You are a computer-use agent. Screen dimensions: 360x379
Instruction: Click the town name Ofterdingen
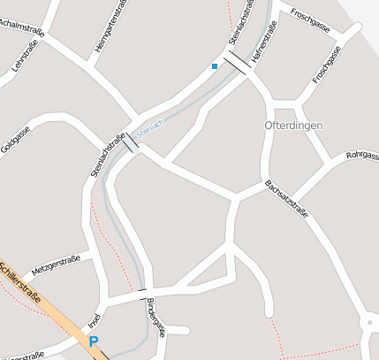tap(294, 126)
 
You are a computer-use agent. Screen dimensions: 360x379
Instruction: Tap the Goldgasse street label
tap(16, 140)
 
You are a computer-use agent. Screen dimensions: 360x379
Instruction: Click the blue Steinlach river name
tap(150, 126)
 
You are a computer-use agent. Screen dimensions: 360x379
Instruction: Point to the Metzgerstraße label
tap(56, 264)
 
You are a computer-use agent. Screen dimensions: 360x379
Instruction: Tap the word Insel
tap(95, 319)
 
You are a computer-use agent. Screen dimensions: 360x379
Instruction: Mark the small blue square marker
tap(214, 65)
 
